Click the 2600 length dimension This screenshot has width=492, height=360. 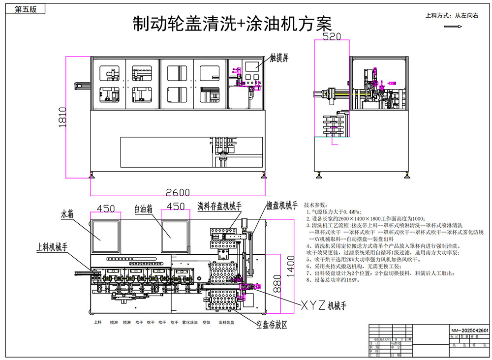pos(177,192)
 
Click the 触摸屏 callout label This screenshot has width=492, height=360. pos(279,58)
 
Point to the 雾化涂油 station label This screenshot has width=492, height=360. pos(190,323)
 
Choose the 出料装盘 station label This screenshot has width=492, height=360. pos(226,323)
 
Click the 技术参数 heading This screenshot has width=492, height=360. pos(315,204)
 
